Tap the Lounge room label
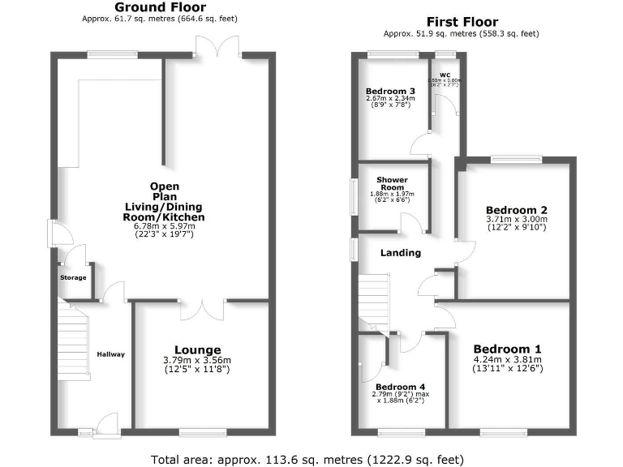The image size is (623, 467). click(202, 350)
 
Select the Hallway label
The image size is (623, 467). click(111, 353)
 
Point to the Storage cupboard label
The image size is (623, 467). click(72, 278)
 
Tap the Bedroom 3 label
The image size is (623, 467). click(390, 90)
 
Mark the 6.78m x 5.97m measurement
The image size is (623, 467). click(165, 226)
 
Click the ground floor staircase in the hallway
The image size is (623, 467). click(74, 341)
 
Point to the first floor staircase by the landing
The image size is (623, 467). click(374, 300)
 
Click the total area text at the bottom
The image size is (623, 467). click(308, 458)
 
